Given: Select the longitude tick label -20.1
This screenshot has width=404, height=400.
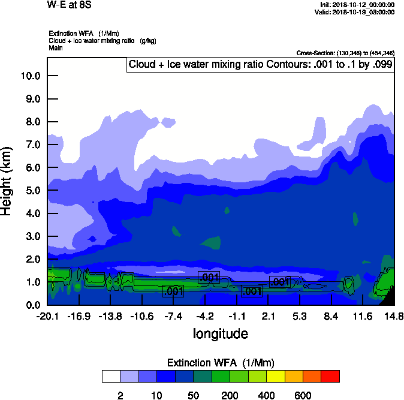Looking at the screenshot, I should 47,316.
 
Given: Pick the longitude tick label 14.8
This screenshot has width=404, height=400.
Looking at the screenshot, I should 394,316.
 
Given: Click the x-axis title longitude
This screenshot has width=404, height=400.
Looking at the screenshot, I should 220,333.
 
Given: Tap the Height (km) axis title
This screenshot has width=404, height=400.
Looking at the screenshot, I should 7,181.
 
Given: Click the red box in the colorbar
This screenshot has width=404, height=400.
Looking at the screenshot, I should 330,376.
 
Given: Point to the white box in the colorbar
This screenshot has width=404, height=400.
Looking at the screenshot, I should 110,376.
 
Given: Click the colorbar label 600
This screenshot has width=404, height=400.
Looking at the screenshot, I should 303,395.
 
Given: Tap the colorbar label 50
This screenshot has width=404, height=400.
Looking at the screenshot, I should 193,395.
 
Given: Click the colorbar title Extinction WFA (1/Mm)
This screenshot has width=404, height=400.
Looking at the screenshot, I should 220,362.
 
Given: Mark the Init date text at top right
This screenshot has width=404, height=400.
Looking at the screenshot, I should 357,5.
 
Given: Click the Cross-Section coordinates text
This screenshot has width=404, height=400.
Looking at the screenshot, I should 345,53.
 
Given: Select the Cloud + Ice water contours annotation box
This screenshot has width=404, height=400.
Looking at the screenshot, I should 260,64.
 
